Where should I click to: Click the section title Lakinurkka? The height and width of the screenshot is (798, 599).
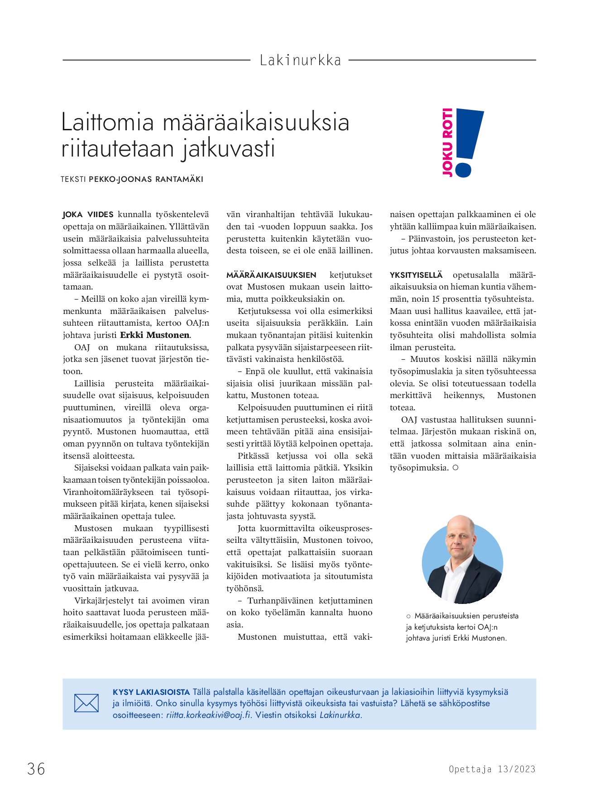pyautogui.click(x=300, y=60)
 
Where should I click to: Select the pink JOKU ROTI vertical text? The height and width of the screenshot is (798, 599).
pyautogui.click(x=447, y=142)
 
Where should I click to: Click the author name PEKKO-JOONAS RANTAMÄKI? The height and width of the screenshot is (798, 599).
pyautogui.click(x=146, y=179)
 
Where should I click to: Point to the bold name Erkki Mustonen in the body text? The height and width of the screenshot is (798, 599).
pyautogui.click(x=155, y=335)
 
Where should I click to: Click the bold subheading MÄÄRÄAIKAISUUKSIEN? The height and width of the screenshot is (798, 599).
pyautogui.click(x=271, y=275)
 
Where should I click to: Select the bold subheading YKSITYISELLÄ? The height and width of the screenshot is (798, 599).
pyautogui.click(x=416, y=275)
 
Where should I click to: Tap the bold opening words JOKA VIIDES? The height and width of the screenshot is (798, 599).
pyautogui.click(x=88, y=214)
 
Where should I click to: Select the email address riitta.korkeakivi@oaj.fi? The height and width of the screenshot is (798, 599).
pyautogui.click(x=208, y=715)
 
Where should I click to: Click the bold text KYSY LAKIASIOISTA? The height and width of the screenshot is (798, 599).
pyautogui.click(x=151, y=692)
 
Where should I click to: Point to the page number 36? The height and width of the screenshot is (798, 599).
pyautogui.click(x=36, y=769)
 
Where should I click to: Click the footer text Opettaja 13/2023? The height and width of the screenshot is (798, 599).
pyautogui.click(x=492, y=769)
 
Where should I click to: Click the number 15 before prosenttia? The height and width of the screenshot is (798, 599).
pyautogui.click(x=436, y=299)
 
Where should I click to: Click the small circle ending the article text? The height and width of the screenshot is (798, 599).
pyautogui.click(x=455, y=468)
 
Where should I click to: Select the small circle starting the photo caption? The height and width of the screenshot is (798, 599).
pyautogui.click(x=408, y=616)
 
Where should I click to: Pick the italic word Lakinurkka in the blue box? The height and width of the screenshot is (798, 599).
pyautogui.click(x=340, y=715)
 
